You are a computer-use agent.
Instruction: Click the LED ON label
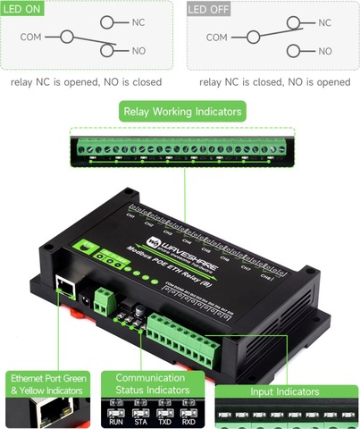(24, 9)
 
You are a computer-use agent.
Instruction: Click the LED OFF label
(207, 9)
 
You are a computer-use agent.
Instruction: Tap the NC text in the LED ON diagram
(138, 21)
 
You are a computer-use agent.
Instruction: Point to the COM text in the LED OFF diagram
(216, 38)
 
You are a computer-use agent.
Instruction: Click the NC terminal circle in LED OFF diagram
(298, 21)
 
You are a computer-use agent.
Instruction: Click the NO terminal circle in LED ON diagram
(108, 51)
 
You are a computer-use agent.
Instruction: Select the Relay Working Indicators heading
(182, 113)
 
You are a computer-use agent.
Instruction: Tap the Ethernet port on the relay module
(66, 288)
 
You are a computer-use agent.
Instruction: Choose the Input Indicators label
(283, 391)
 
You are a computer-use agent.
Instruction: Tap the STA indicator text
(141, 420)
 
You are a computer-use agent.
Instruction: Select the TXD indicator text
(165, 420)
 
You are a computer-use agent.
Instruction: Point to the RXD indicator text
(188, 420)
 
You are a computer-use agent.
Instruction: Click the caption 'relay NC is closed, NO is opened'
(274, 81)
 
